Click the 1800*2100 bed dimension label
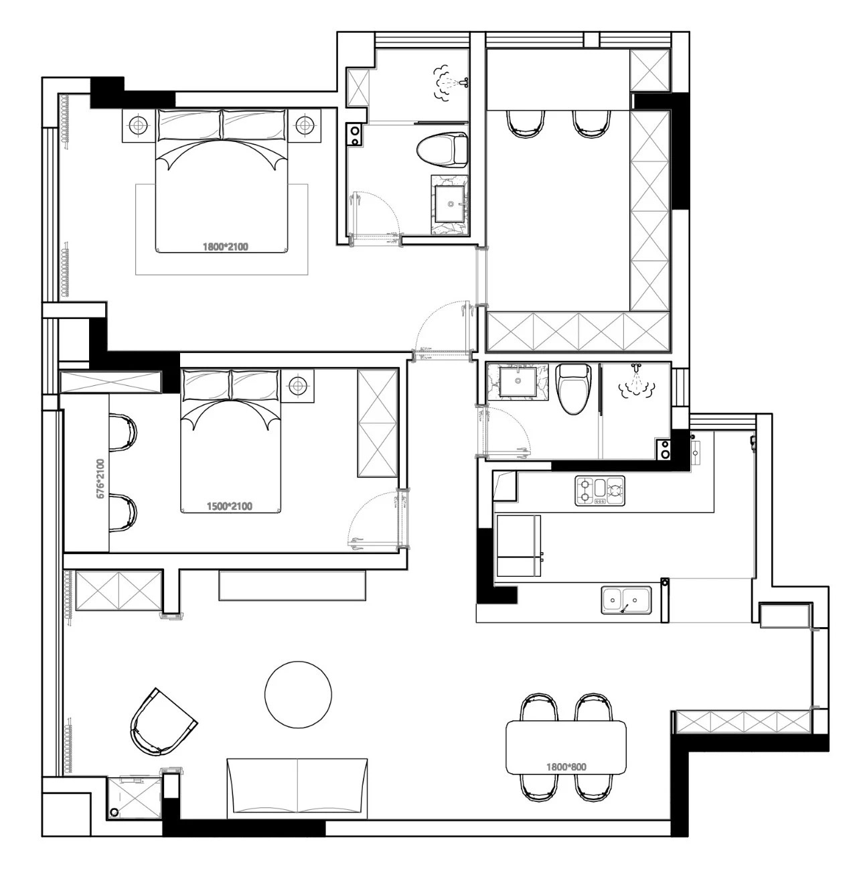[x=226, y=247]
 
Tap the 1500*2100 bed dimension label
[x=230, y=506]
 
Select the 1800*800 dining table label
[x=566, y=767]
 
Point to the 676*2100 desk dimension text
[x=101, y=478]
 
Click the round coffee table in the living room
[x=298, y=695]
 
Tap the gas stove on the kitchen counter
[x=600, y=490]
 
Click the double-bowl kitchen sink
[x=626, y=600]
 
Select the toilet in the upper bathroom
[x=442, y=149]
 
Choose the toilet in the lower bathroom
[x=574, y=389]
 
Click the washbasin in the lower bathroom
[x=517, y=381]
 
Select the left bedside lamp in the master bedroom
[x=139, y=125]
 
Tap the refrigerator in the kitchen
[x=519, y=546]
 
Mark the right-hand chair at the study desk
[x=591, y=123]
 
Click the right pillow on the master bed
[x=255, y=125]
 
